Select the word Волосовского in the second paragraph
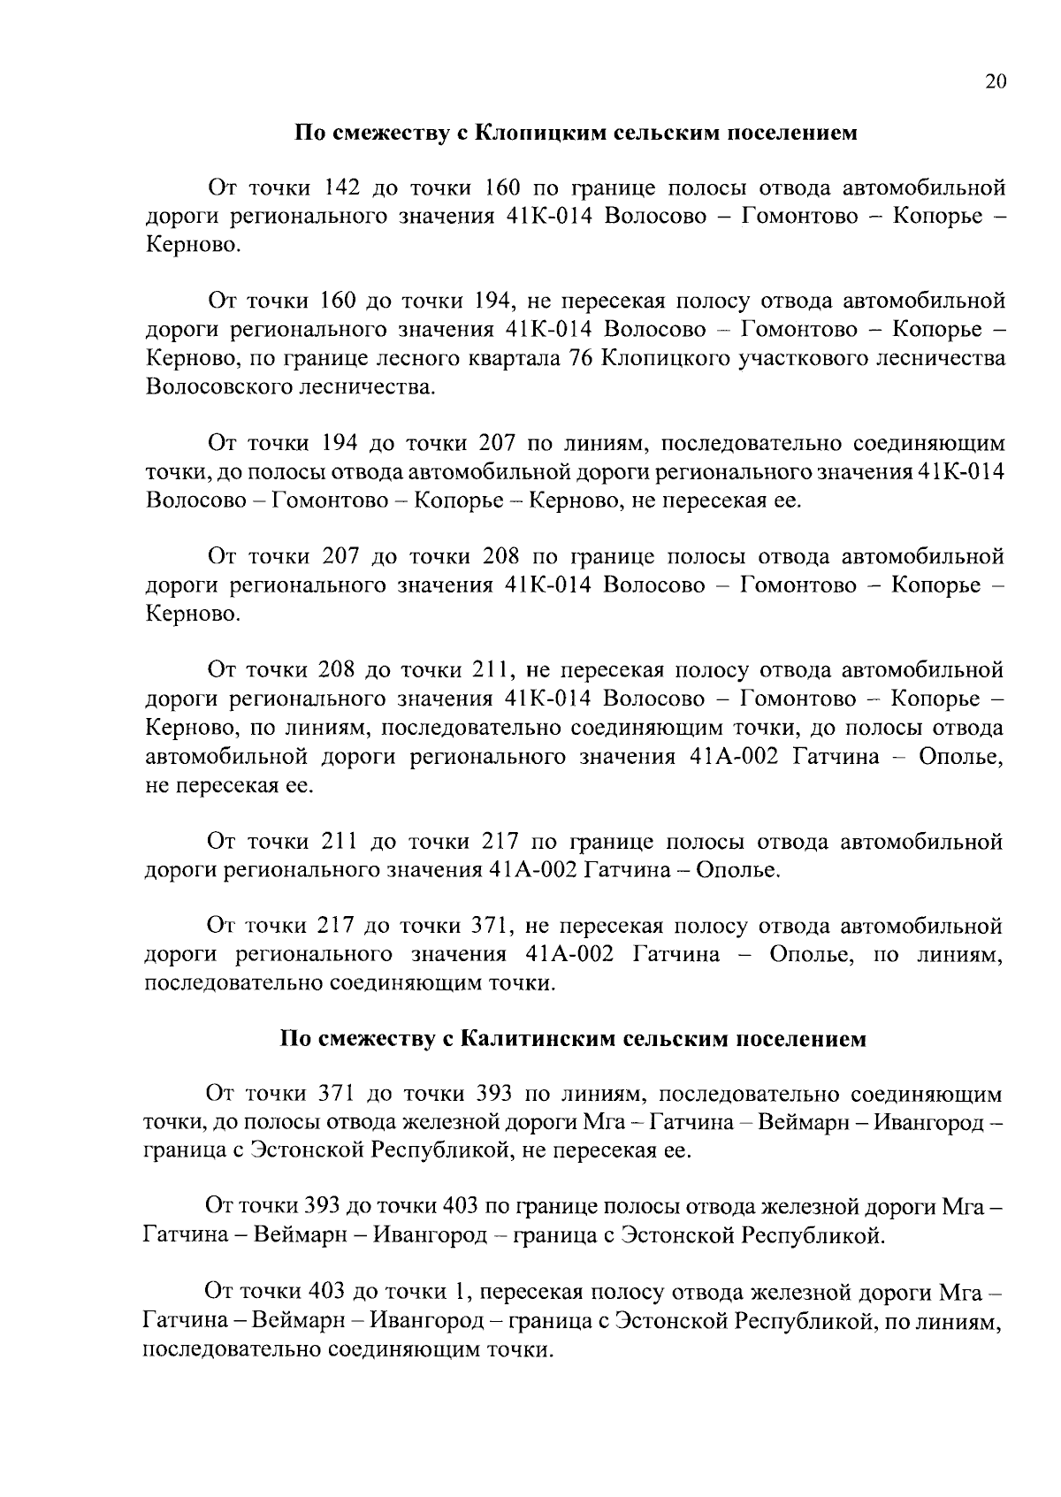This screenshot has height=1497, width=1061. [x=225, y=387]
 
